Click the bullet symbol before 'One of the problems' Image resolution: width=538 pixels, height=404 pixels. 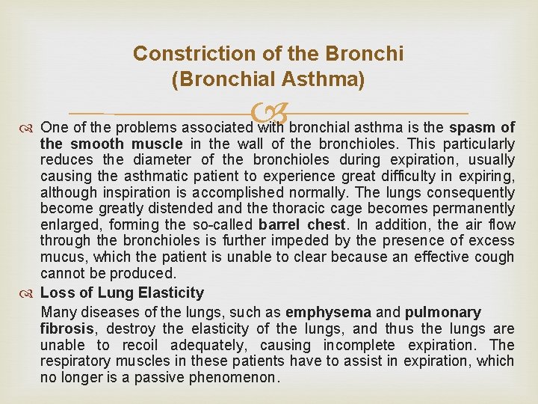tap(29, 127)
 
